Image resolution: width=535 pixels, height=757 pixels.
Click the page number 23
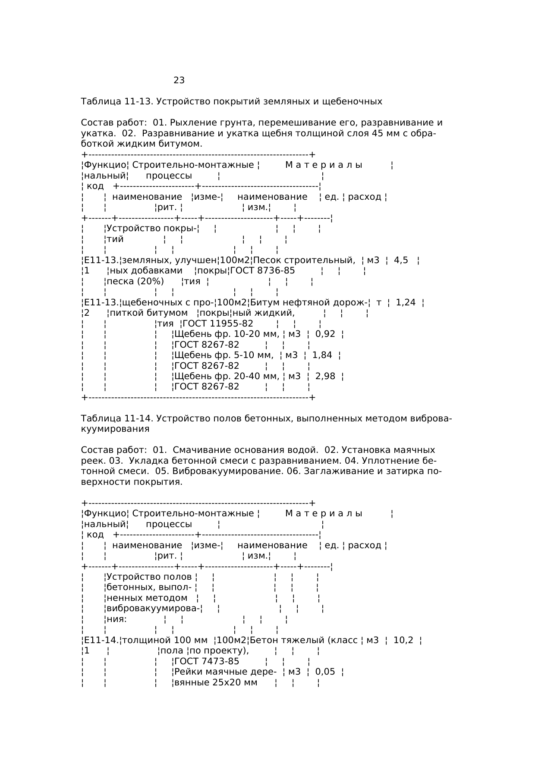click(179, 80)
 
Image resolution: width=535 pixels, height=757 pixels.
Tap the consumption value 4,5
click(401, 260)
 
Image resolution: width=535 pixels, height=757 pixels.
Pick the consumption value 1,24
click(406, 302)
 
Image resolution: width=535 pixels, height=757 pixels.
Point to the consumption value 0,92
click(325, 334)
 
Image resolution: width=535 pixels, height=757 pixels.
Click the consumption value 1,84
click(322, 355)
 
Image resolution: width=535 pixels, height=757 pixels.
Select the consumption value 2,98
click(325, 376)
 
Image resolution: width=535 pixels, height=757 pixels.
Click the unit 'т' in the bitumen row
click(379, 302)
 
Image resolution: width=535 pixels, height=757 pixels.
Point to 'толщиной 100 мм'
click(165, 640)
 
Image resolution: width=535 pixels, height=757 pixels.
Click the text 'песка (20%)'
click(135, 281)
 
